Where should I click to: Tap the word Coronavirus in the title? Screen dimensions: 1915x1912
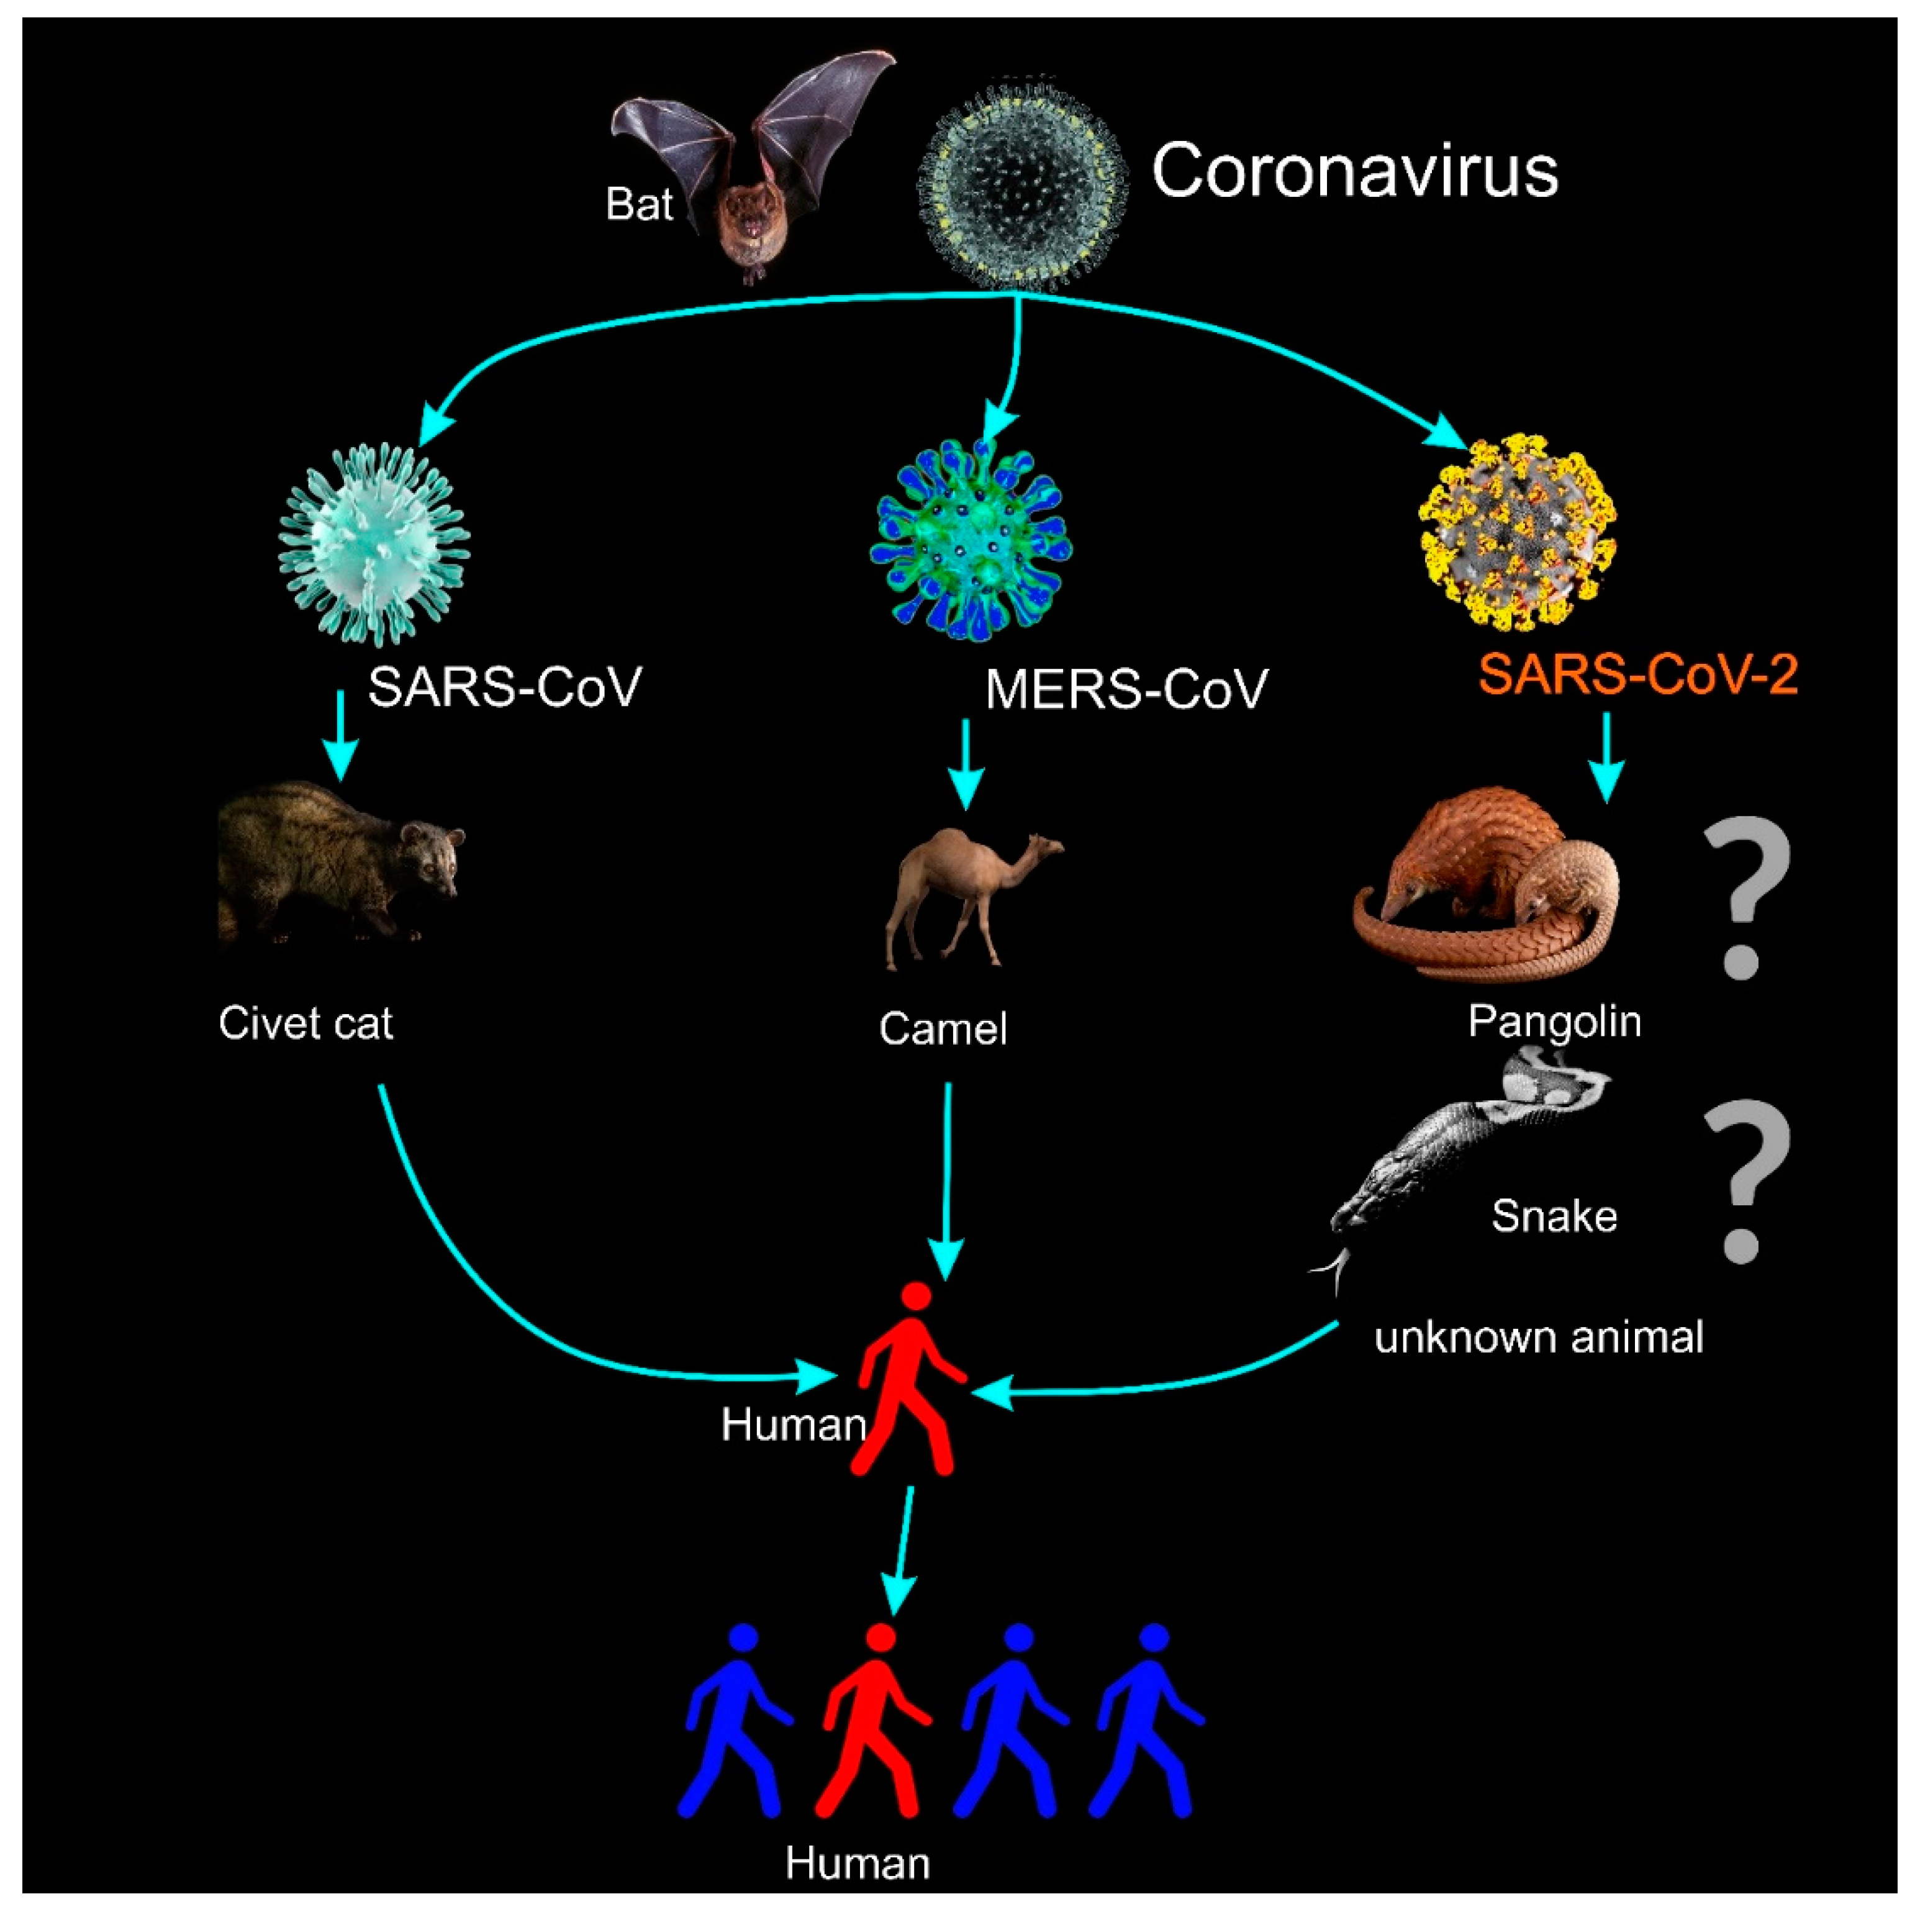pos(1355,171)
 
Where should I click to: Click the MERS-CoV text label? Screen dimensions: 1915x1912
pos(1126,689)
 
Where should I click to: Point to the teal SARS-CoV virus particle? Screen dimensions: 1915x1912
pos(374,544)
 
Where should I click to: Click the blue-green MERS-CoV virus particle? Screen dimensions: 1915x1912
pos(971,542)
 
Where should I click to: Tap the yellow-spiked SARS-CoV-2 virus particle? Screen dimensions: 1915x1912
pos(1518,532)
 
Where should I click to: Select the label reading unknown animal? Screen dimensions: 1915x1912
pos(1538,1338)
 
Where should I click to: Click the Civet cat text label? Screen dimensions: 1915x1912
pos(306,1023)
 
